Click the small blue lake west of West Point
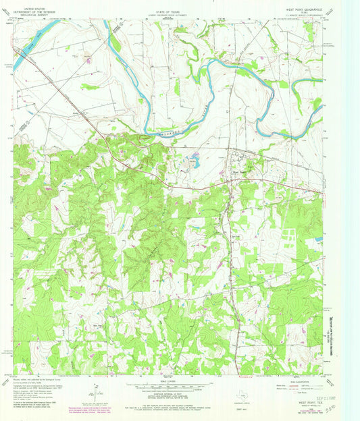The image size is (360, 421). [195, 162]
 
